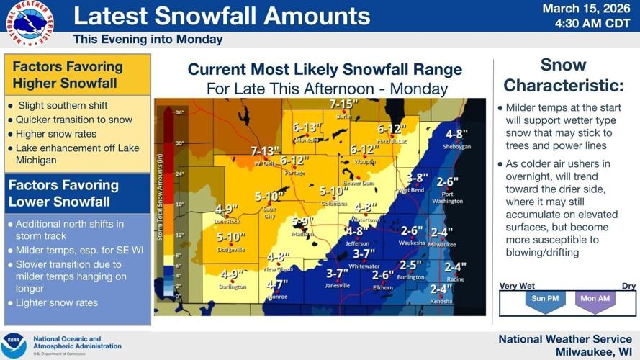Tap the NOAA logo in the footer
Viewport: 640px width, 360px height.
(14, 346)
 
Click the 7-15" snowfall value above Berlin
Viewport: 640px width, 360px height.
(344, 105)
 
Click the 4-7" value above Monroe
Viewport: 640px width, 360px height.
(277, 285)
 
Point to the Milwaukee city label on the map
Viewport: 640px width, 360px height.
(441, 245)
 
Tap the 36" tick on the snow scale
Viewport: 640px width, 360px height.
(179, 112)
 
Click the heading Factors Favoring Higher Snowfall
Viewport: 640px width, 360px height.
(68, 75)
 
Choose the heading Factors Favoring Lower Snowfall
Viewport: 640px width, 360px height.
(63, 193)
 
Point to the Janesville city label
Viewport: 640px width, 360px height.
(337, 285)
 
